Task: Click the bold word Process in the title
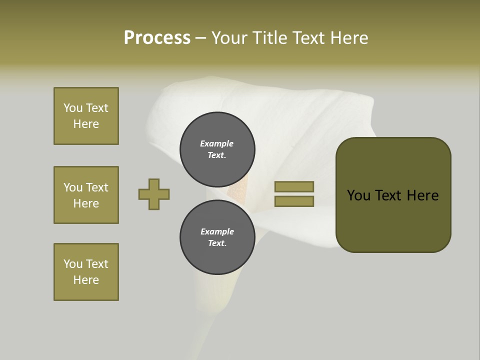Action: pos(157,37)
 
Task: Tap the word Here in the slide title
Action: pos(348,37)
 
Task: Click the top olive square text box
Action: pos(86,116)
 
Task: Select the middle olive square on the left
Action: pos(86,195)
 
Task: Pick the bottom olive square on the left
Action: pos(86,272)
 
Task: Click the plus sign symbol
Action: pos(154,194)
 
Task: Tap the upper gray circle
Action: pos(217,149)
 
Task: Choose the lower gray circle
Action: pos(217,237)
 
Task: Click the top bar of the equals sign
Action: pos(294,186)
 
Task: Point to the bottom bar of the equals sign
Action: pos(294,201)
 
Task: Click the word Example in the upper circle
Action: pos(216,143)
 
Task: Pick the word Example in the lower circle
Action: pos(217,231)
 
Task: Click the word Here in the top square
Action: pos(86,124)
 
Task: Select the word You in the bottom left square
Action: pos(73,264)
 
